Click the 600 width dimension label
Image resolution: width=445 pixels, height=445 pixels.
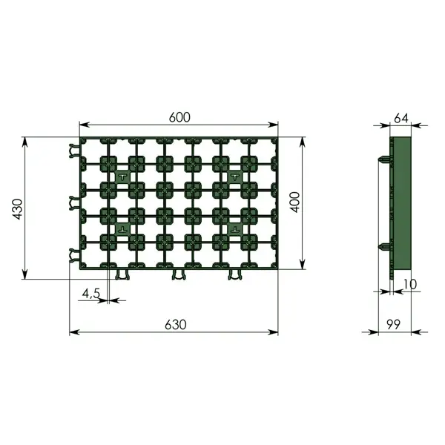click(179, 117)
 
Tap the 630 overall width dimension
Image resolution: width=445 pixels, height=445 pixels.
click(176, 325)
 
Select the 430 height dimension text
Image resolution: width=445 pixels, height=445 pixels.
click(18, 209)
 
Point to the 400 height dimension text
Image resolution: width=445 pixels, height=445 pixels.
click(295, 202)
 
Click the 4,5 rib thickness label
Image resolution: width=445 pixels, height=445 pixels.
click(91, 294)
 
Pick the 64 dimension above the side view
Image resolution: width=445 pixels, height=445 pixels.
click(401, 118)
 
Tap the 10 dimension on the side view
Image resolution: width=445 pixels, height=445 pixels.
click(409, 284)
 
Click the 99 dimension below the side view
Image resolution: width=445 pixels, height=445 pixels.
click(393, 324)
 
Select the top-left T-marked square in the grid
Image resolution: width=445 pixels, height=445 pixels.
click(122, 177)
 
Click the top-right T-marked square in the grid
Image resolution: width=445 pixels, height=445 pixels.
click(235, 177)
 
